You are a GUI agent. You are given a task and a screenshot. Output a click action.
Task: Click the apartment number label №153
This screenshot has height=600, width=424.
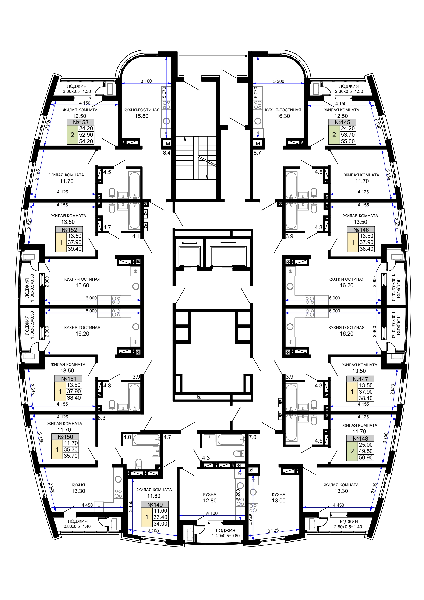(x=81, y=122)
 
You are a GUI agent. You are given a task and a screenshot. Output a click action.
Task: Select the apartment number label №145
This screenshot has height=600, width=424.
(x=342, y=122)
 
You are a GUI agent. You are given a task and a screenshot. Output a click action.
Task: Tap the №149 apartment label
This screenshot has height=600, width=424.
(x=155, y=505)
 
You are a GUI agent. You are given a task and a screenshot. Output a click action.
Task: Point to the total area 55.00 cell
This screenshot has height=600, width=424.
(x=348, y=141)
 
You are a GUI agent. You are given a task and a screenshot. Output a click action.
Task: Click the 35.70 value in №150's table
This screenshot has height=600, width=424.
(x=71, y=456)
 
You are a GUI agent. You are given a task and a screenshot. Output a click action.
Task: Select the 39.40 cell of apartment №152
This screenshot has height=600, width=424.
(x=75, y=249)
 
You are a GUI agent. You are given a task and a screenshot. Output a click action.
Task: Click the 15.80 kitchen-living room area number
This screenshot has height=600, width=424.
(x=142, y=116)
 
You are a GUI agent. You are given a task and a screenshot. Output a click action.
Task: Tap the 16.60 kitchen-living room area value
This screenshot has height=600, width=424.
(x=82, y=285)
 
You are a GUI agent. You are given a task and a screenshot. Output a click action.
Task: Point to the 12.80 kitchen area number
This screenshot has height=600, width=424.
(x=210, y=501)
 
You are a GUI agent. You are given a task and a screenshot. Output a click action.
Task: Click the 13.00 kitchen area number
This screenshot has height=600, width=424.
(x=279, y=501)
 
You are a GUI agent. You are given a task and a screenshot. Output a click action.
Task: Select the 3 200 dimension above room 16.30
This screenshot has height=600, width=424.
(x=279, y=81)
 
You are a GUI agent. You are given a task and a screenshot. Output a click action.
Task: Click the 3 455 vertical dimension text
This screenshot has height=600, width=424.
(x=130, y=506)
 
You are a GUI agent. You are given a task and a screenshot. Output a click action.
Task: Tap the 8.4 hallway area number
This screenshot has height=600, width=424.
(x=167, y=153)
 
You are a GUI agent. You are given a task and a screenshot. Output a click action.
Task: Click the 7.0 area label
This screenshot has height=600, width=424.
(x=252, y=437)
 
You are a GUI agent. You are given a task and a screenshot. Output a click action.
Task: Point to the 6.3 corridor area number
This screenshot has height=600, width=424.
(x=101, y=418)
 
